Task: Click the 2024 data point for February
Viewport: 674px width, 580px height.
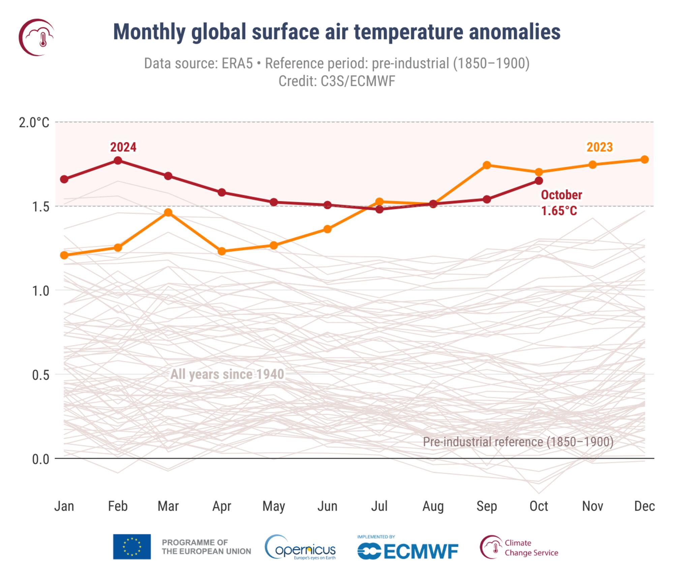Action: (118, 160)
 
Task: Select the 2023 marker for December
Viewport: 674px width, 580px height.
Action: (644, 159)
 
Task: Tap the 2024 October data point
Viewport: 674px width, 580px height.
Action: (539, 181)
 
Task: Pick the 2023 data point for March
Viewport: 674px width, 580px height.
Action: (168, 212)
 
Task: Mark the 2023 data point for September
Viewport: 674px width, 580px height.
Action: (487, 165)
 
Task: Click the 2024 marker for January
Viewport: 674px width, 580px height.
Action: (64, 179)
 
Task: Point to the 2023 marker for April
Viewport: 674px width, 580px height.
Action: (222, 251)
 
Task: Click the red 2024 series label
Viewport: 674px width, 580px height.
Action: (123, 147)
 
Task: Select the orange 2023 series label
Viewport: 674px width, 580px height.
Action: (600, 147)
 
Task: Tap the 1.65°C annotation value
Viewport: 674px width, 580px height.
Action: (559, 211)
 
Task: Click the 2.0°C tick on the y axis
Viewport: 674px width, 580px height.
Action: (34, 123)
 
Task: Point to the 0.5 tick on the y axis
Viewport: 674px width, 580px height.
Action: (40, 375)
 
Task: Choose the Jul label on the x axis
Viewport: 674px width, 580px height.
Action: (379, 506)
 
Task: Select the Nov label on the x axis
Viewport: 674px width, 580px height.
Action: (592, 506)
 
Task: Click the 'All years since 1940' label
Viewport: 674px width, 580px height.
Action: (227, 375)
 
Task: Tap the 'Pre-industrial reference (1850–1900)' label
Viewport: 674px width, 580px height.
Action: (518, 442)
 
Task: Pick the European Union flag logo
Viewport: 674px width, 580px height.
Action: (132, 547)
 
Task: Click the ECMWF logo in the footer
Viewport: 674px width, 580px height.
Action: (408, 551)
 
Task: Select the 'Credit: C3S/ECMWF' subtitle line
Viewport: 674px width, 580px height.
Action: (337, 81)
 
